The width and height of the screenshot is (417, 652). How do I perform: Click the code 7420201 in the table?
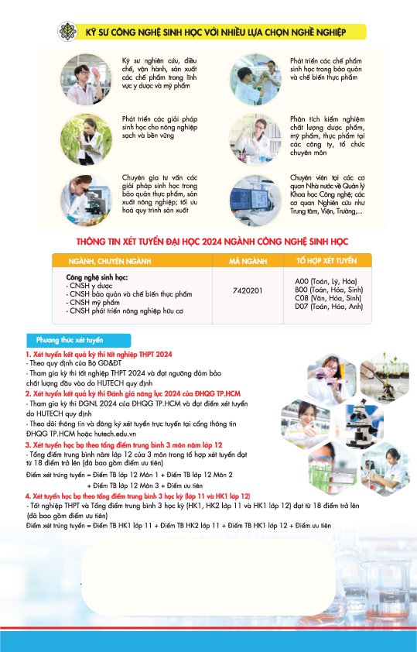pyautogui.click(x=247, y=291)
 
